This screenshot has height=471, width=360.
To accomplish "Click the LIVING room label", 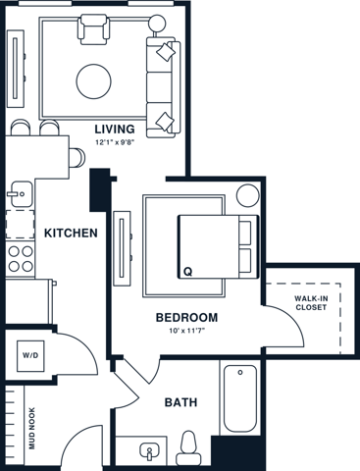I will coord(116,129).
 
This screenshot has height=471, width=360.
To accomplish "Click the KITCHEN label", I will coord(71,233).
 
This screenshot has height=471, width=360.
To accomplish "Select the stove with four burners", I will coord(20,258).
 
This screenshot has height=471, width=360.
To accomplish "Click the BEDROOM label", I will coord(186,318).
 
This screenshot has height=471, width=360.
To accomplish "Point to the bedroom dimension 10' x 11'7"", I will coord(186,332).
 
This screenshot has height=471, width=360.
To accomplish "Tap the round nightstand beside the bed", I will coord(246,193).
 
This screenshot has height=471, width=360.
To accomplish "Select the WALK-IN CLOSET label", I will coord(312,303).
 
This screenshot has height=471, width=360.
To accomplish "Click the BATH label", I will coord(181,401).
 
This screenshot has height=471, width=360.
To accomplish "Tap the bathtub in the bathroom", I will coord(240,398).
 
